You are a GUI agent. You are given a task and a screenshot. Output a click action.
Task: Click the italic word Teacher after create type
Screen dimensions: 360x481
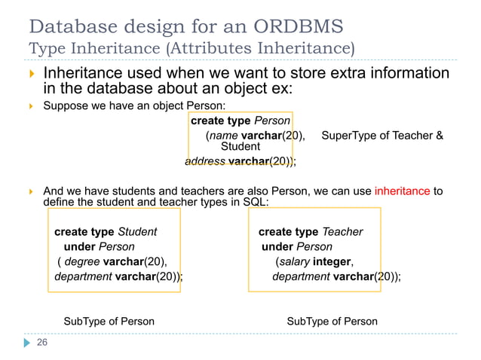tap(342, 232)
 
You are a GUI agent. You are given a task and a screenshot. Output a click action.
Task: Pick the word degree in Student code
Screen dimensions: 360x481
tap(83, 261)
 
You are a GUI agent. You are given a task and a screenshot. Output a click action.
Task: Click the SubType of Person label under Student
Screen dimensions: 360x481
tap(109, 322)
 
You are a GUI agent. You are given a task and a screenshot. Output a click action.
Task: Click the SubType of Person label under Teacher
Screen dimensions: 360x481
tap(332, 322)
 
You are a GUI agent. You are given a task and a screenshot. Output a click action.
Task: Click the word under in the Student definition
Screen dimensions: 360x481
tap(79, 246)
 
